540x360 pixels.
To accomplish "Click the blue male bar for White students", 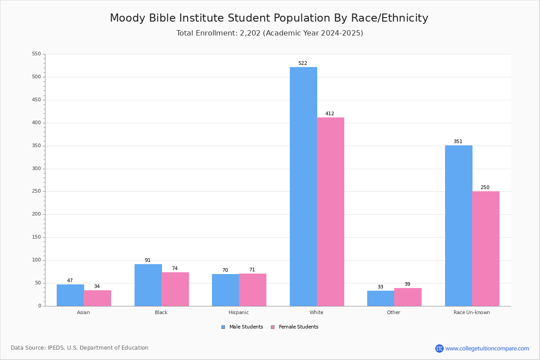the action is pos(303,187).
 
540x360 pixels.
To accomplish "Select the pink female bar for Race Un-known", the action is pos(486,249).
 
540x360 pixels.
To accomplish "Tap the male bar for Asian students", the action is pos(70,295).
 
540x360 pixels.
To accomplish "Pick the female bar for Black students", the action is pos(175,289).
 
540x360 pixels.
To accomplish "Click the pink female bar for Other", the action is pos(408,297).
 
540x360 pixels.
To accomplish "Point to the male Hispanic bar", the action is pos(225,290).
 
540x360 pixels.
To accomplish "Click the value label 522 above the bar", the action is pos(303,63).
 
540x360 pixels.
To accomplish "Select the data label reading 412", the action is pos(330,113).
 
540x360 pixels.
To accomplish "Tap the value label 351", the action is pos(458,142).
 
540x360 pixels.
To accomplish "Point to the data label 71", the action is pos(252,270).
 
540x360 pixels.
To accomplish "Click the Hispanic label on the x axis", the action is pos(238,312).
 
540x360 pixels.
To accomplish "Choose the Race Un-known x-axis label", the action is pos(472,312).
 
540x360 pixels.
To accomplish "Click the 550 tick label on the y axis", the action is pos(36,54).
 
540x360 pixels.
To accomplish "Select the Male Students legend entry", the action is pos(242,327).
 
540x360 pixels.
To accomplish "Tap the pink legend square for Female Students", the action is pos(273,327).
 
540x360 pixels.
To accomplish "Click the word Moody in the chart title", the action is pos(127,18).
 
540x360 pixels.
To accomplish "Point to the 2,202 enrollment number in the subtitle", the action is pos(250,33).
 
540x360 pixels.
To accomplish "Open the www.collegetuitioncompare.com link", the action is pos(487,348).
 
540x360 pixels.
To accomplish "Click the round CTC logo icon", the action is pos(440,348).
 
